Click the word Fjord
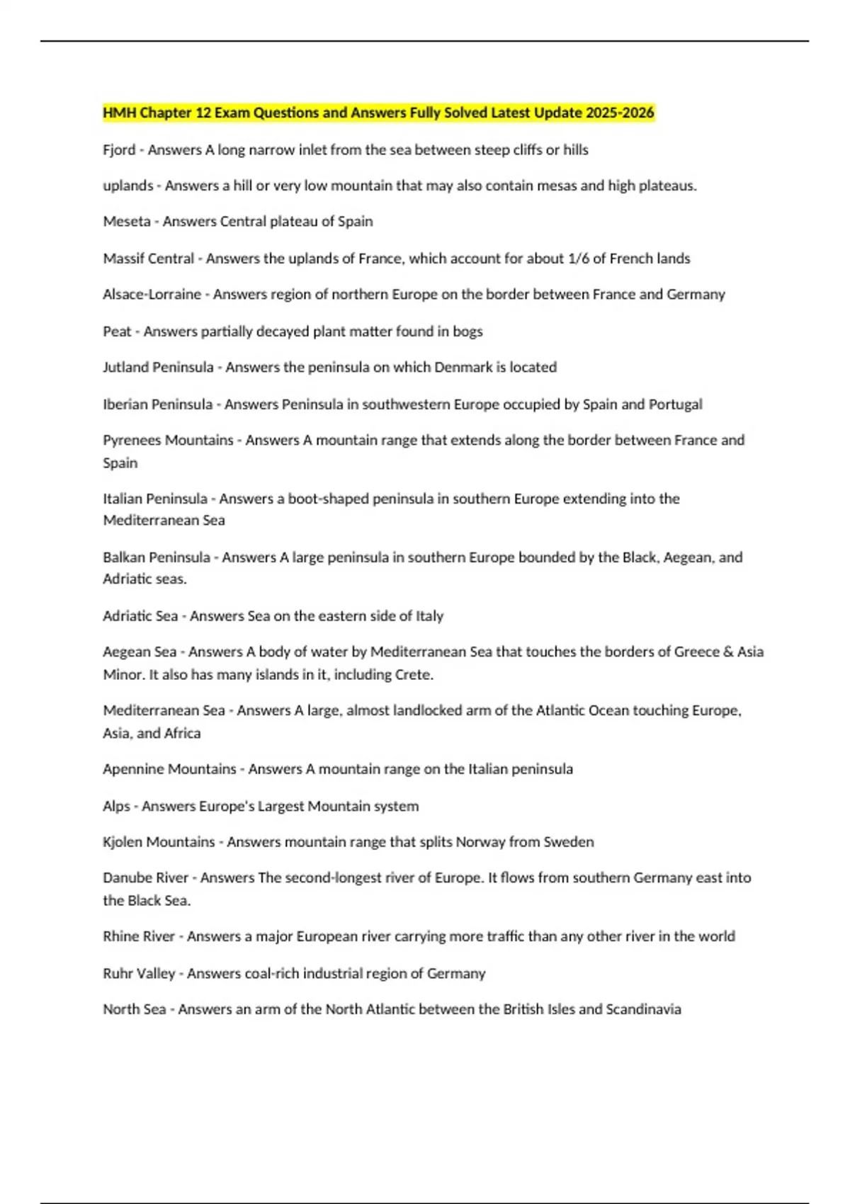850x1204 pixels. (x=119, y=150)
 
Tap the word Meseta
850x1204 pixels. (x=127, y=222)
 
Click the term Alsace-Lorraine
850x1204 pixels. (x=152, y=295)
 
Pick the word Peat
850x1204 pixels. (x=117, y=331)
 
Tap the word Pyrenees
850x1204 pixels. (x=132, y=441)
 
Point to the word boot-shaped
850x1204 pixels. (x=327, y=499)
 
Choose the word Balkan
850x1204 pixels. (x=125, y=557)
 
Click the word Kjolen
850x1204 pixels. (x=123, y=842)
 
